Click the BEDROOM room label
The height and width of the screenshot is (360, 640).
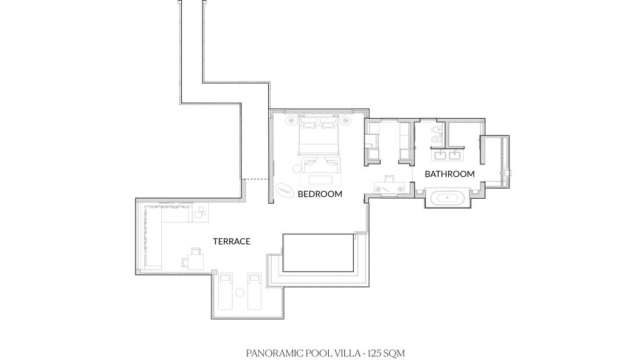coord(319,194)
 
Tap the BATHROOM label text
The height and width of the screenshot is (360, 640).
coord(449,174)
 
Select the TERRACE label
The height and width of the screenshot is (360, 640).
coord(231,241)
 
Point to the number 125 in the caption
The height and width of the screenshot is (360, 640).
coord(374,353)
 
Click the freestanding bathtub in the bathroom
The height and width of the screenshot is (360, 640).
coord(447,198)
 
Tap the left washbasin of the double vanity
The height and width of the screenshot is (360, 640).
coord(440,155)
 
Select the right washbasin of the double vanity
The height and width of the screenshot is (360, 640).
coord(454,155)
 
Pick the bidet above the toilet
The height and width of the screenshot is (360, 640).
coord(436,130)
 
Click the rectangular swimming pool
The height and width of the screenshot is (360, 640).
coord(318,252)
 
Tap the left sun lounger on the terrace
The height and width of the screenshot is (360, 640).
coord(225,291)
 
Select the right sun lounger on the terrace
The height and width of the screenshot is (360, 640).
coord(255,291)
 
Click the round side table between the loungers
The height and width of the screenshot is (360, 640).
coord(240,292)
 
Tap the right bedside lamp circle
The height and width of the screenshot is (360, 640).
coord(345,121)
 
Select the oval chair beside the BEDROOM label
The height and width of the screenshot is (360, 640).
coord(284,190)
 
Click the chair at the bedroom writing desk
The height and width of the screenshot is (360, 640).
coord(389,178)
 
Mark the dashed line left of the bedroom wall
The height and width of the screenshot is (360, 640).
coord(255,179)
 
